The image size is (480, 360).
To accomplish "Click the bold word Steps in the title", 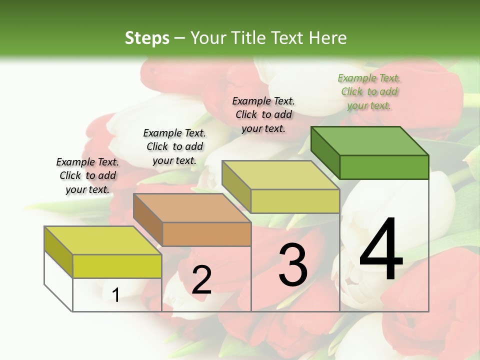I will point(146,38).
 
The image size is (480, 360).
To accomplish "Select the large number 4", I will point(381,249).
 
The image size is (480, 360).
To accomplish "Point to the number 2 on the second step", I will point(201,279).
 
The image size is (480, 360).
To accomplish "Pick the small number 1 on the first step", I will point(115,295).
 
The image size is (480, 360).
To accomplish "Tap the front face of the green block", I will point(384,167).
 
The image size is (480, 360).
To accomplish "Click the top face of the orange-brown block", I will point(192,207).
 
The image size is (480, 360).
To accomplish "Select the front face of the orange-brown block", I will point(206,234).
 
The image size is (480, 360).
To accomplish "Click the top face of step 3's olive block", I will point(281,174).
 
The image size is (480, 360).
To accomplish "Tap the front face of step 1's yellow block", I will point(117,266).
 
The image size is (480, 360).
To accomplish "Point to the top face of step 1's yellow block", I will point(103,240).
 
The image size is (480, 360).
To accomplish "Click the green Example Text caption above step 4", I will point(369,91).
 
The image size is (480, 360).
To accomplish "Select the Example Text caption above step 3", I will point(263,114).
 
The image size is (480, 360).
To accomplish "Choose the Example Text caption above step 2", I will point(174,146).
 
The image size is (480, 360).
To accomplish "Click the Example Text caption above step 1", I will point(87,175).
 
